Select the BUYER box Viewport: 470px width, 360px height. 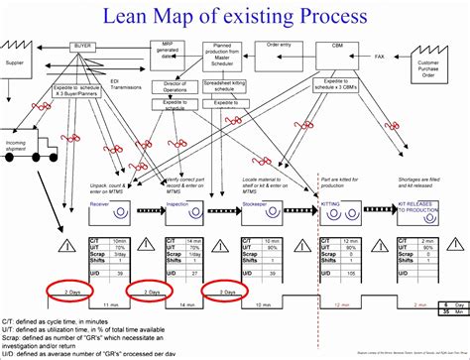[x=83, y=47]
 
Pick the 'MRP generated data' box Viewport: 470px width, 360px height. [x=169, y=49]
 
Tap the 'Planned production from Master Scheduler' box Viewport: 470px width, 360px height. [x=226, y=50]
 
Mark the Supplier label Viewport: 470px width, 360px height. [x=15, y=62]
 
